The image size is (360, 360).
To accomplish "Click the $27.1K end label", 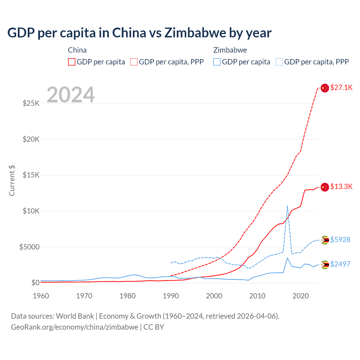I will [341, 87].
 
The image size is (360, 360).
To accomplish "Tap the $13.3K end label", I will [341, 186].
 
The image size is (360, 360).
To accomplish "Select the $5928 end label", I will [340, 240].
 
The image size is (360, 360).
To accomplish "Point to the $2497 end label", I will [340, 264].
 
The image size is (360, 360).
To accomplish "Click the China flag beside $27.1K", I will [325, 88].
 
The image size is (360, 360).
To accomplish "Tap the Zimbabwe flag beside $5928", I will [325, 240].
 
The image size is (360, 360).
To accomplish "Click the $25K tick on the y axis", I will [31, 103].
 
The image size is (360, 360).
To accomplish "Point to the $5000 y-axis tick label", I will [29, 247].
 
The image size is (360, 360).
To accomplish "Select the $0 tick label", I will [35, 283].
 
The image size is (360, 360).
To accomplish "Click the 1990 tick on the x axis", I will [171, 296].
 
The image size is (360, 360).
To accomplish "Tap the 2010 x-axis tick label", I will [257, 296].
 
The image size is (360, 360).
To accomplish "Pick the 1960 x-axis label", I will [41, 296].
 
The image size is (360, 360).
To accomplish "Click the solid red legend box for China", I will [72, 62].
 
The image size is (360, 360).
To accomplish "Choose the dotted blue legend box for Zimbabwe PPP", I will [279, 62].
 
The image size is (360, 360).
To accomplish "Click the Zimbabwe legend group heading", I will [230, 50].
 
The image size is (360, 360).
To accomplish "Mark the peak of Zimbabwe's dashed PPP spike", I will [287, 206].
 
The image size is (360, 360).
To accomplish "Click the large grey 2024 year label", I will [71, 95].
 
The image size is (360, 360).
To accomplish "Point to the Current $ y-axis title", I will [12, 181].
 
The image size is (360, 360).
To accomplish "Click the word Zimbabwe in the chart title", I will [195, 33].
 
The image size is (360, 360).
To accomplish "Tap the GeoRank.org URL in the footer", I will [75, 327].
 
